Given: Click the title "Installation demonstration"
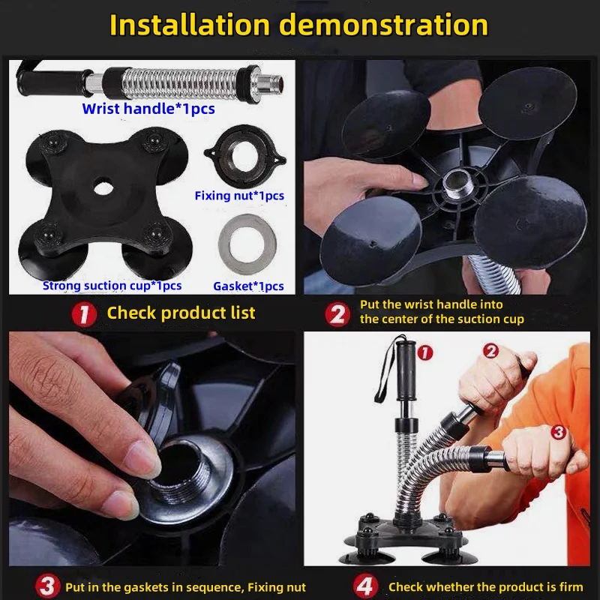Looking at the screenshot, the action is click(298, 25).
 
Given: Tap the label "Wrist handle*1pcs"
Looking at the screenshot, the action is click(148, 109).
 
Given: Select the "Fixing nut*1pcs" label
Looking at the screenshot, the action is click(239, 196).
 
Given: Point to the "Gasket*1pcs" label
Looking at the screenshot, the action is click(248, 286).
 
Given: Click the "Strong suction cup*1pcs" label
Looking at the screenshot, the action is click(112, 286).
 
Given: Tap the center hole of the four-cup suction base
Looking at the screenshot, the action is click(103, 187).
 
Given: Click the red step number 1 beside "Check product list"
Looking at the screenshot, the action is click(84, 314).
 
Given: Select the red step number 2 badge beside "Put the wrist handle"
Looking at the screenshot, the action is click(337, 314).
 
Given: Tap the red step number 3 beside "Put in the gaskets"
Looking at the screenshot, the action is click(47, 586).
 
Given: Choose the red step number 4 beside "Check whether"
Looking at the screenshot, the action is click(365, 586).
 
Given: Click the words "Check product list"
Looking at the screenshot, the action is click(181, 313).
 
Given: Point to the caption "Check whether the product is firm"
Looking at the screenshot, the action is click(485, 586).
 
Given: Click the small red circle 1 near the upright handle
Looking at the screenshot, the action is click(424, 352).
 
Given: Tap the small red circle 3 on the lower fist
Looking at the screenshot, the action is click(559, 432).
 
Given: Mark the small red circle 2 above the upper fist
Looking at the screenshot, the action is click(491, 350).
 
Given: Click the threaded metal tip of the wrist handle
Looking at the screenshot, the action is click(272, 81).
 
